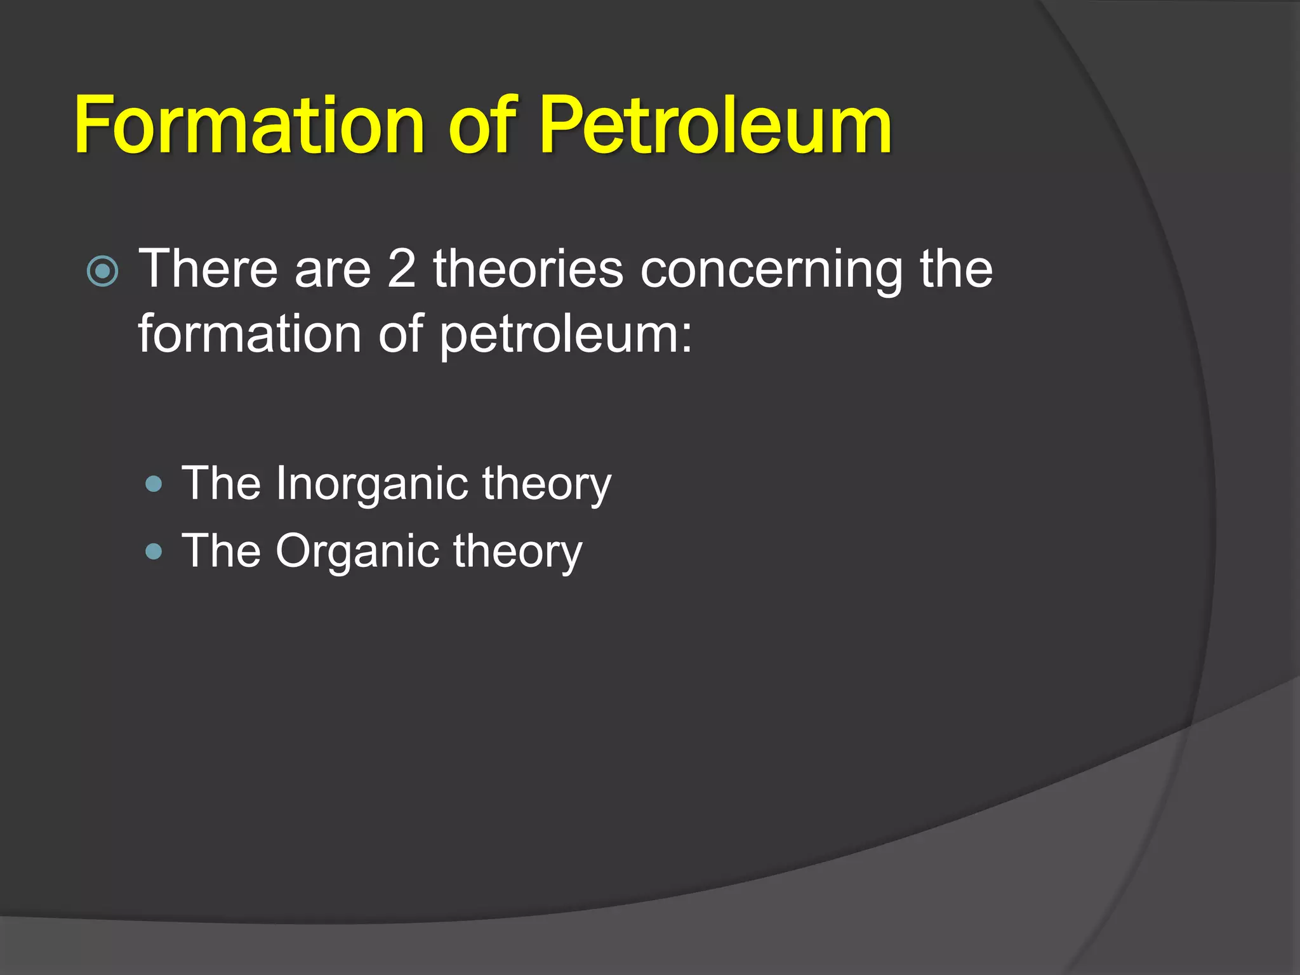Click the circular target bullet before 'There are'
[103, 272]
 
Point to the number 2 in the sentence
[401, 269]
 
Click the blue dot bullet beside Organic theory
[154, 551]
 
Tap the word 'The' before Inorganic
[221, 484]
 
